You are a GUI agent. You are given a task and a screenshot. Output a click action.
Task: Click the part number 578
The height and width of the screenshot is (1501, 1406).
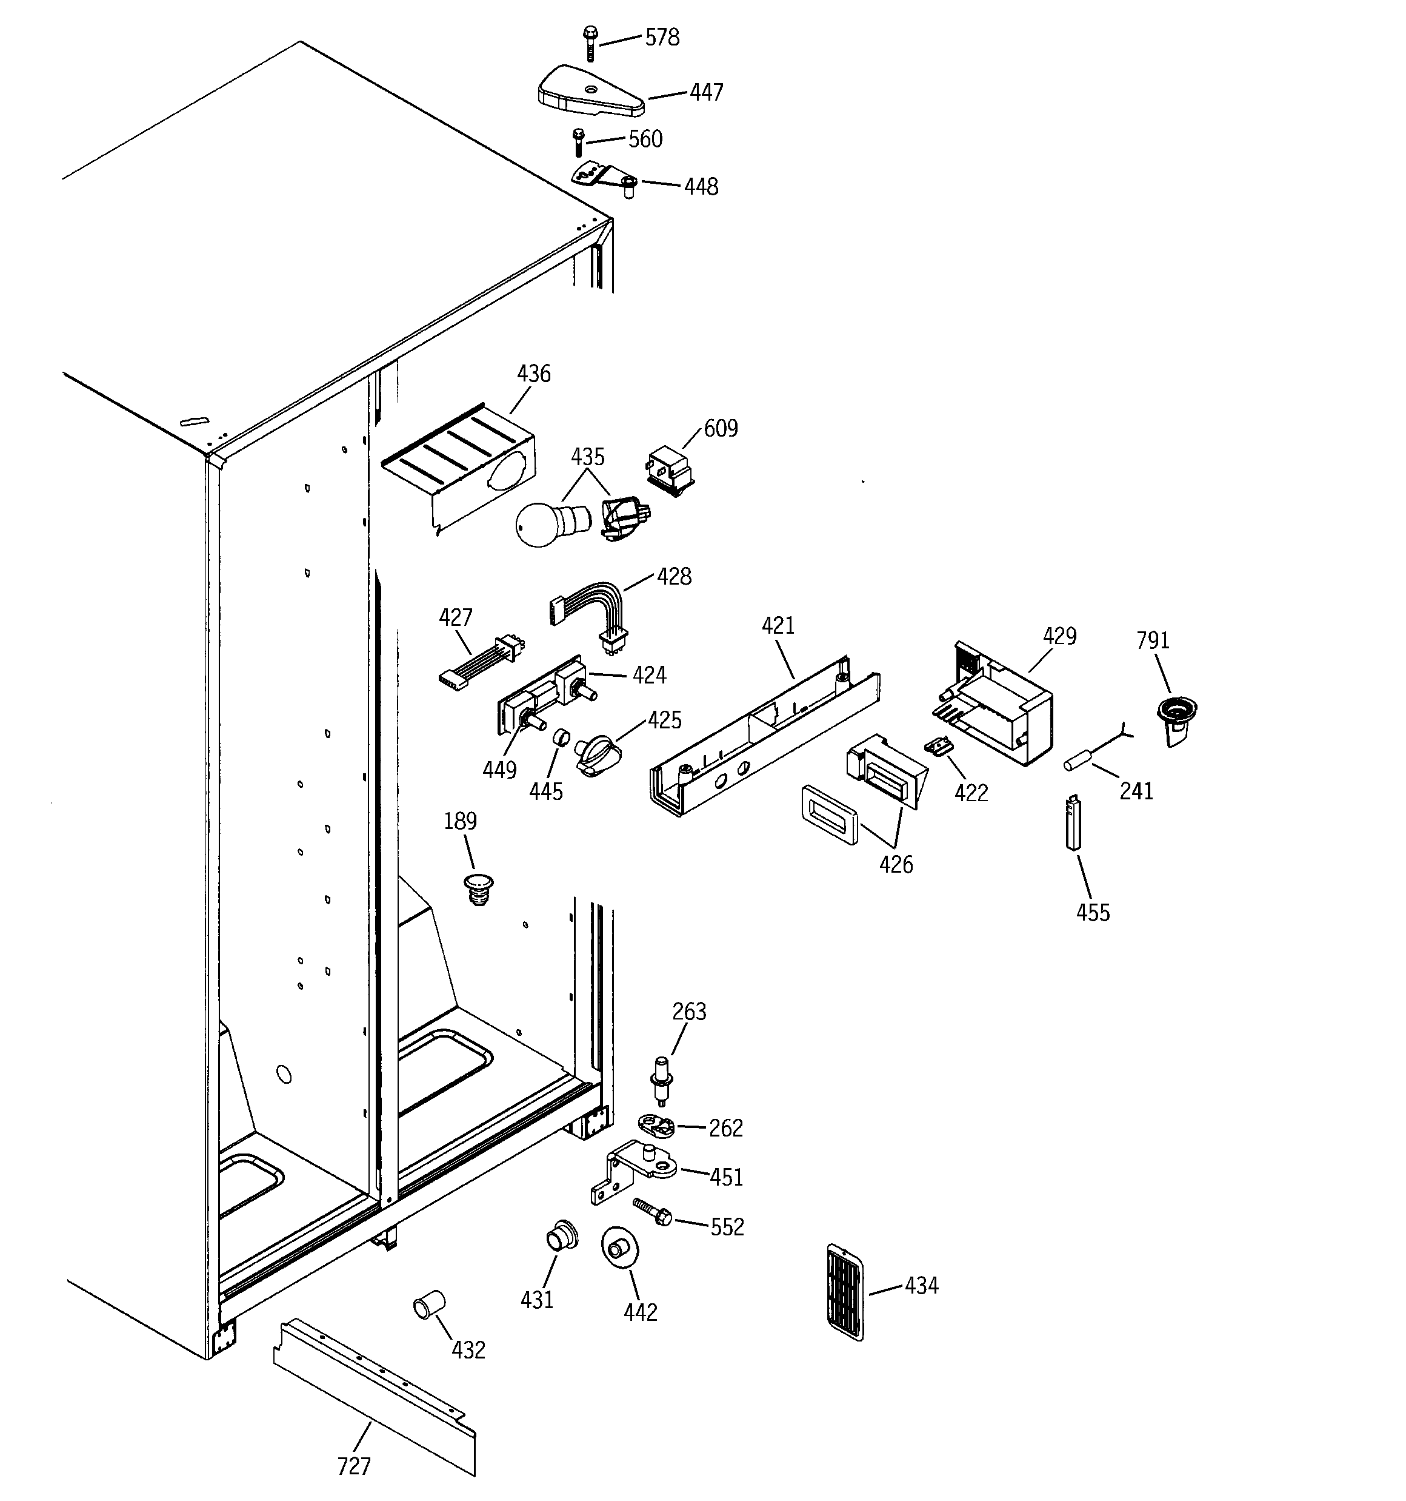pos(662,38)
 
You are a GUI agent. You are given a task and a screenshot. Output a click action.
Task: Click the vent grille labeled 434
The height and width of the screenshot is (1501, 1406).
pos(845,1292)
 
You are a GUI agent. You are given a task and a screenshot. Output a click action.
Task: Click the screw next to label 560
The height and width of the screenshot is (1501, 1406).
pos(579,142)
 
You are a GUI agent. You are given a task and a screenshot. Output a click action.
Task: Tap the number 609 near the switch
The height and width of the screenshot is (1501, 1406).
pos(721,428)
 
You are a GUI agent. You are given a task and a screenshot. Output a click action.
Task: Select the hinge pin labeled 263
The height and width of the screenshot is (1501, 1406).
pos(662,1080)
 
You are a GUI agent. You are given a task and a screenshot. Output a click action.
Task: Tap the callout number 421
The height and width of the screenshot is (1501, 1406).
pos(778,625)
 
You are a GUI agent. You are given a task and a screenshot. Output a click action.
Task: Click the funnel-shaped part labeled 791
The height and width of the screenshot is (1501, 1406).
pos(1176,717)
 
